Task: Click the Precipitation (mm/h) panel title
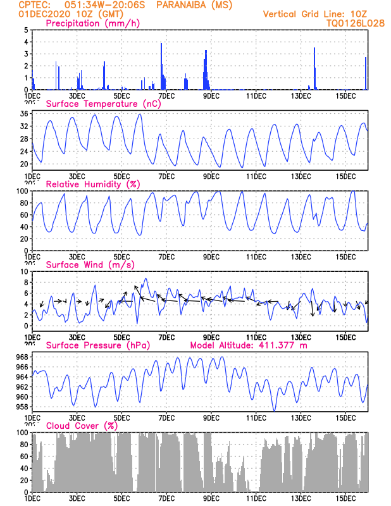93,23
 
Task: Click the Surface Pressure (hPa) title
95,345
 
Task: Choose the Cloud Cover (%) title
82,426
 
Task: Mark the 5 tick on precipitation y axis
25,30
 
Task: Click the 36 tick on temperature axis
23,114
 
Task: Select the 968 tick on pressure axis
22,357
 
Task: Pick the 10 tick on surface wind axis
23,271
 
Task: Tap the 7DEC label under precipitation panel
166,96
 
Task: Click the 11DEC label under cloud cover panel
256,498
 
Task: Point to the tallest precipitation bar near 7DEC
161,66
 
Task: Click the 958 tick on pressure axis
22,407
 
